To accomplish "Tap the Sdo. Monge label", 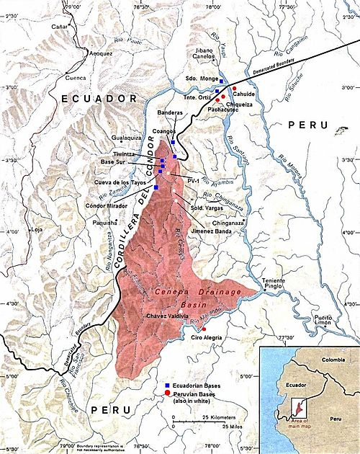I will click(198, 76).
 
